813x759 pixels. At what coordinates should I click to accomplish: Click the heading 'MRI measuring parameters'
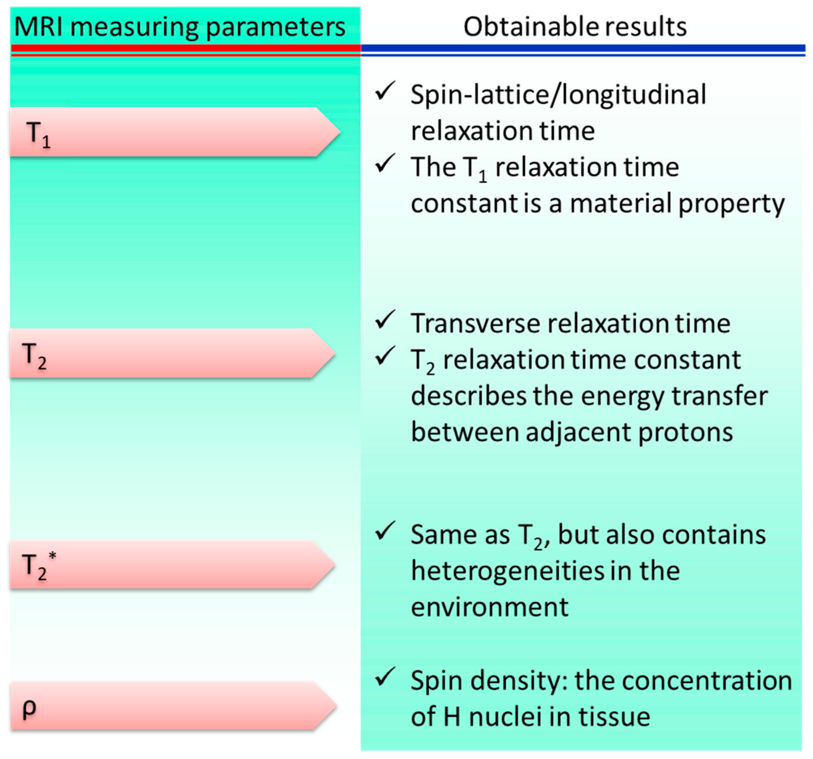click(180, 27)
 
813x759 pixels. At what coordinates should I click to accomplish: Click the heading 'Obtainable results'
click(575, 27)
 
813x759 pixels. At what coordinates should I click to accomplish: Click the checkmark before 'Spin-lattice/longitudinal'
click(385, 91)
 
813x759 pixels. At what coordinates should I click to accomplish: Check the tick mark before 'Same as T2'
click(385, 531)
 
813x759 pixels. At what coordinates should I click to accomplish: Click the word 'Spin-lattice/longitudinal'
click(558, 95)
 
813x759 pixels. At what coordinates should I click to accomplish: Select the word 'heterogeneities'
click(508, 571)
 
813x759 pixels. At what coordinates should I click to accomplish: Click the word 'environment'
click(490, 607)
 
